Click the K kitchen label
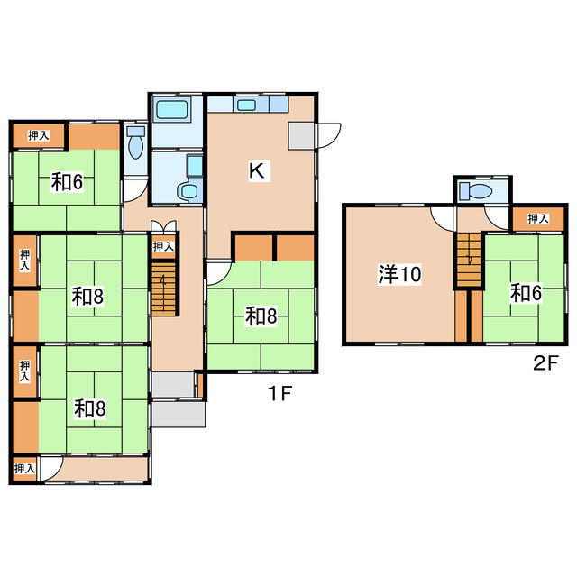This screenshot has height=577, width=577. coord(256,170)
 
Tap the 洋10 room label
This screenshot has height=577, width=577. coord(399,274)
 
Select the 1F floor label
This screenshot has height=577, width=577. coord(279,393)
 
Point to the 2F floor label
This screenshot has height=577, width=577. coord(545,363)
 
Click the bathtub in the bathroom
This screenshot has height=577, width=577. coord(172,109)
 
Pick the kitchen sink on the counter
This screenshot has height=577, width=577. coord(246,105)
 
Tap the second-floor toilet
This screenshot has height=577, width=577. coord(476,191)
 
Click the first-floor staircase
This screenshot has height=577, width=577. coord(164,288)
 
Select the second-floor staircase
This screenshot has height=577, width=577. coord(469,260)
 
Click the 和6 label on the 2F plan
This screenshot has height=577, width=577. coord(526,293)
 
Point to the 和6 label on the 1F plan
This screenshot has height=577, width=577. coord(67,182)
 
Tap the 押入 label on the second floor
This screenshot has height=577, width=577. coord(538,219)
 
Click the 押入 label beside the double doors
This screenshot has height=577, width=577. coord(163,246)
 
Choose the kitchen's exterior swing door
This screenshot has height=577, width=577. coord(328,135)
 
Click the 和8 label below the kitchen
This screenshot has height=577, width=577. coord(261,316)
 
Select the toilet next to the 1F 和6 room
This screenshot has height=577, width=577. coord(135,142)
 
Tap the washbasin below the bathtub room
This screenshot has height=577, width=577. coord(189,191)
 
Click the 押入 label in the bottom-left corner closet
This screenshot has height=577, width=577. coord(24,469)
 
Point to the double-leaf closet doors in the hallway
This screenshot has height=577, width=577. coord(164,225)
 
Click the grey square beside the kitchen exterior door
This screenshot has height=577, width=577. coord(301,136)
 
